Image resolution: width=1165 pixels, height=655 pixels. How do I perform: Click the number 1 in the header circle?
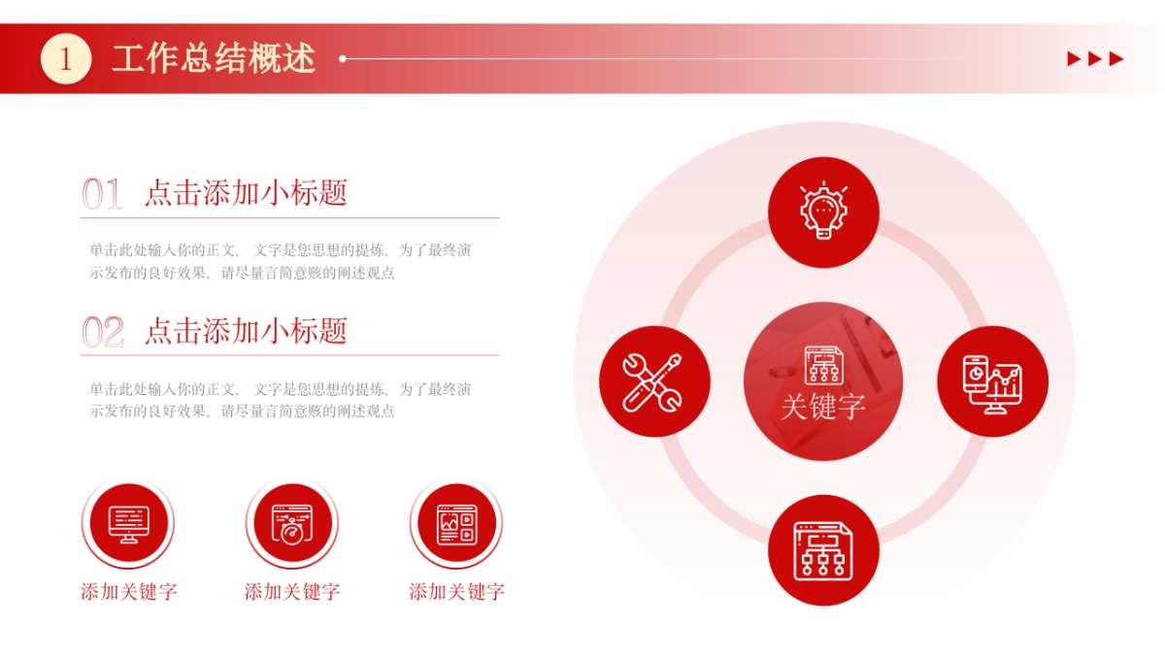point(66,59)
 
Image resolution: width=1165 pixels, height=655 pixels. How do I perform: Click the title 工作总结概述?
point(214,59)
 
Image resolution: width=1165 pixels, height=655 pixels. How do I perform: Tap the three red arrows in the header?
point(1095,59)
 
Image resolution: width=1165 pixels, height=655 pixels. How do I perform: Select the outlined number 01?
point(102,194)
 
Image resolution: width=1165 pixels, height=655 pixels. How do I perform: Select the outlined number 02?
point(102,333)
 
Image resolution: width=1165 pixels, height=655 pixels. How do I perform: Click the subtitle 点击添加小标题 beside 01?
point(246,193)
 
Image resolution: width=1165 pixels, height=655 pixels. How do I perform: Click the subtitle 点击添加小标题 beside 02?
point(246,331)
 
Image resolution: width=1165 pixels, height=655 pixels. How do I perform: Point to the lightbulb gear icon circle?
point(823,212)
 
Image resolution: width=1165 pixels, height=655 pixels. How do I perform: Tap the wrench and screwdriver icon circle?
point(654,380)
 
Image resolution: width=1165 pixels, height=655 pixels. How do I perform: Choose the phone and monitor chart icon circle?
point(992,380)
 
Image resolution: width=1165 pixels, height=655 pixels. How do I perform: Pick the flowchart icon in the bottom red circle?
point(823,550)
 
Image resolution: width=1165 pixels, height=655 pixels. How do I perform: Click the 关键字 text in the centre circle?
point(823,407)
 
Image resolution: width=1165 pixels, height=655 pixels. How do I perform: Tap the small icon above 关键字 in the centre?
point(823,365)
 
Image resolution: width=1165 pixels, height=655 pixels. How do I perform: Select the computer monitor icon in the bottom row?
point(129,524)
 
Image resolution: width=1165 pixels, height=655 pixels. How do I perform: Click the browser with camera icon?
point(292,524)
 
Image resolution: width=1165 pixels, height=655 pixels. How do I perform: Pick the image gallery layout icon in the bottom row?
point(456,524)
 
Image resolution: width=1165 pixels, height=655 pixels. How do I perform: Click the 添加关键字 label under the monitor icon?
point(129,592)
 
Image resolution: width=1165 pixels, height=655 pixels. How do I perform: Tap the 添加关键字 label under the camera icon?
point(292,592)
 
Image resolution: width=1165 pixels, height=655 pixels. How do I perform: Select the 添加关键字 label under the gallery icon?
point(456,592)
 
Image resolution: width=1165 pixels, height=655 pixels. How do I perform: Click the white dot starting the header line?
point(343,59)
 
